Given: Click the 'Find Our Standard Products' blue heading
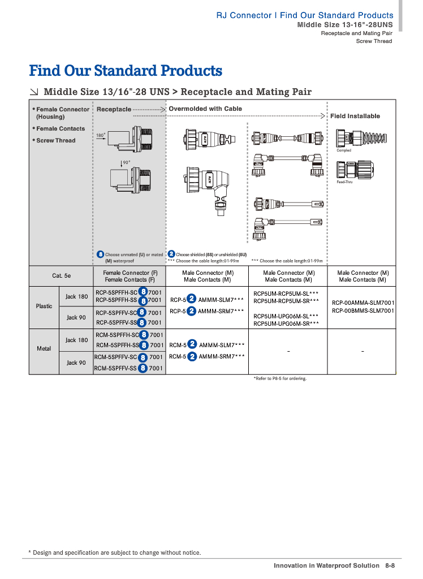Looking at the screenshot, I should (126, 71).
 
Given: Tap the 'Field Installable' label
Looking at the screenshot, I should (355, 116).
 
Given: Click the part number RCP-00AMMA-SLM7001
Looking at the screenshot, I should (363, 303).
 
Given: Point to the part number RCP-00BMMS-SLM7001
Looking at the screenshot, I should (363, 310).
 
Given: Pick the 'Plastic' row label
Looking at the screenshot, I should (44, 306).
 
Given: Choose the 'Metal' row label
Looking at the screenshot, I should (44, 348).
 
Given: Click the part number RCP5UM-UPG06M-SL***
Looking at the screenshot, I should (286, 316).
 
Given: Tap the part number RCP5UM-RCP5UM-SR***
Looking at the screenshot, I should (286, 301).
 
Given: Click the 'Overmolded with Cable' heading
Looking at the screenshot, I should (205, 109).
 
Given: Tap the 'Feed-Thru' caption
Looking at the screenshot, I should (344, 182).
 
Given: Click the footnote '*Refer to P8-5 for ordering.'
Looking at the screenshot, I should (280, 378).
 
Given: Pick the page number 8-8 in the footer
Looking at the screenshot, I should (390, 565).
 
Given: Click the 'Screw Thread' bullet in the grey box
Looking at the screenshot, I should (55, 140).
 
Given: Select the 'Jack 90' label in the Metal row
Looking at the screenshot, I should (76, 362).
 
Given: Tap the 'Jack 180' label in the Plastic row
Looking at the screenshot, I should (76, 296).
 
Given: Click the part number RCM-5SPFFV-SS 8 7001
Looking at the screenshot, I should (129, 368).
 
